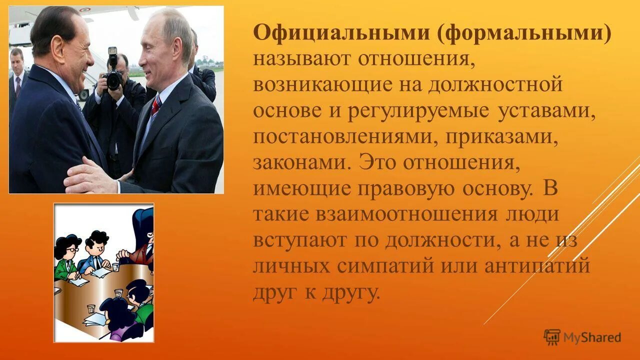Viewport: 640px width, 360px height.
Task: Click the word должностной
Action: click(x=495, y=85)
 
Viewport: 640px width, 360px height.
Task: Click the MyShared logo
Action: click(x=582, y=337)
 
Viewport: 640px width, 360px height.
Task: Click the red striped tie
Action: click(x=156, y=105)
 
